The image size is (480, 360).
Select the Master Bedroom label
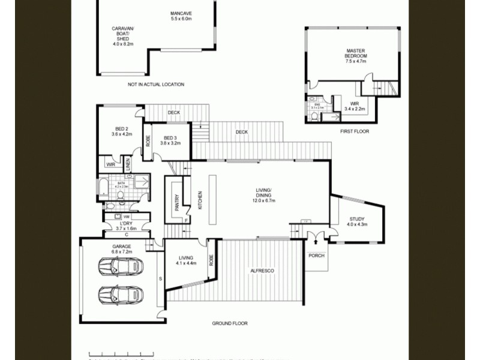pyautogui.click(x=356, y=55)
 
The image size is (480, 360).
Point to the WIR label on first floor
pyautogui.click(x=355, y=106)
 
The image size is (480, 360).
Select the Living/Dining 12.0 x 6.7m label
pyautogui.click(x=263, y=196)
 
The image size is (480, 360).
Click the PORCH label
pyautogui.click(x=316, y=256)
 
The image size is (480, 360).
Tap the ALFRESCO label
pyautogui.click(x=262, y=272)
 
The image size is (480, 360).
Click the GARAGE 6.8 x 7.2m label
pyautogui.click(x=122, y=249)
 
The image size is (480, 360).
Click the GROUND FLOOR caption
pyautogui.click(x=229, y=323)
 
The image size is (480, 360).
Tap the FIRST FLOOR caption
pyautogui.click(x=354, y=131)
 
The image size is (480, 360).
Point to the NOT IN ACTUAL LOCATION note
pyautogui.click(x=156, y=85)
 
